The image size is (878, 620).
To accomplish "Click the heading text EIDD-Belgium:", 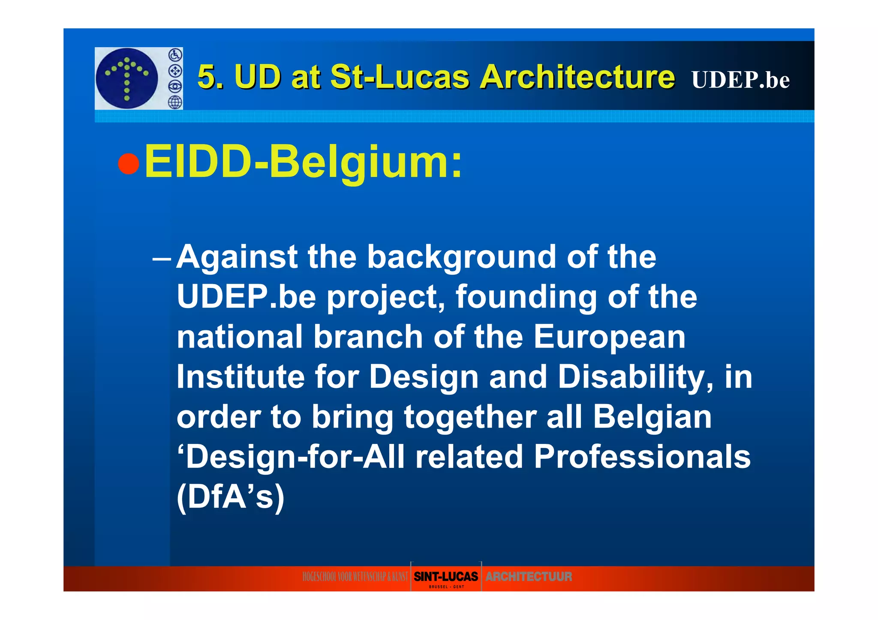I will tap(303, 162).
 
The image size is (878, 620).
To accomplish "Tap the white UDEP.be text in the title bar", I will tap(740, 80).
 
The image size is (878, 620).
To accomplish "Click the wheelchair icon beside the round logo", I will tap(175, 55).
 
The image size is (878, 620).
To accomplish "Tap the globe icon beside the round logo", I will tap(175, 102).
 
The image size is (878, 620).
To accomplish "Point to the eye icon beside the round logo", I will tap(175, 87).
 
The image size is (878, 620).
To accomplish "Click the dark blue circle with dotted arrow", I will tap(127, 78).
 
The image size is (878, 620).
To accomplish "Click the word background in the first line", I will tap(461, 258).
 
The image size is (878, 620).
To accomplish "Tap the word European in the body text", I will tap(609, 337).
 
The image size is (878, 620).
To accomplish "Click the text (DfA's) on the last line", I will tap(231, 497).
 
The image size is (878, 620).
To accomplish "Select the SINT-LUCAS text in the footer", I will tap(445, 576).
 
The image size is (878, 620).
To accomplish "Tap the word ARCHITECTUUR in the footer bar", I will tap(529, 577).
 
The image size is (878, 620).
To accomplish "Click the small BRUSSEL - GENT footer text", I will tap(446, 587).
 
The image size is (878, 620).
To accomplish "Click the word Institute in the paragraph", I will tap(241, 377).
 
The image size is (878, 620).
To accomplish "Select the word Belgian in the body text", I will tap(652, 417).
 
